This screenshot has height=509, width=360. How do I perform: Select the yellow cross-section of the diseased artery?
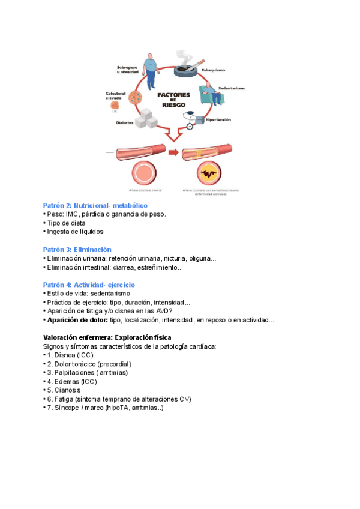click(210, 174)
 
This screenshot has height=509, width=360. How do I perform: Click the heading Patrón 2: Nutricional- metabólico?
click(95, 205)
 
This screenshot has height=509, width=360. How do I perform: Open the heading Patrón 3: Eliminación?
click(77, 250)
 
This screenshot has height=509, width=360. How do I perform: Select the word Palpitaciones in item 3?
click(75, 373)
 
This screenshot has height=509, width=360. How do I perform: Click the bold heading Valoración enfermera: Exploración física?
click(107, 337)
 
